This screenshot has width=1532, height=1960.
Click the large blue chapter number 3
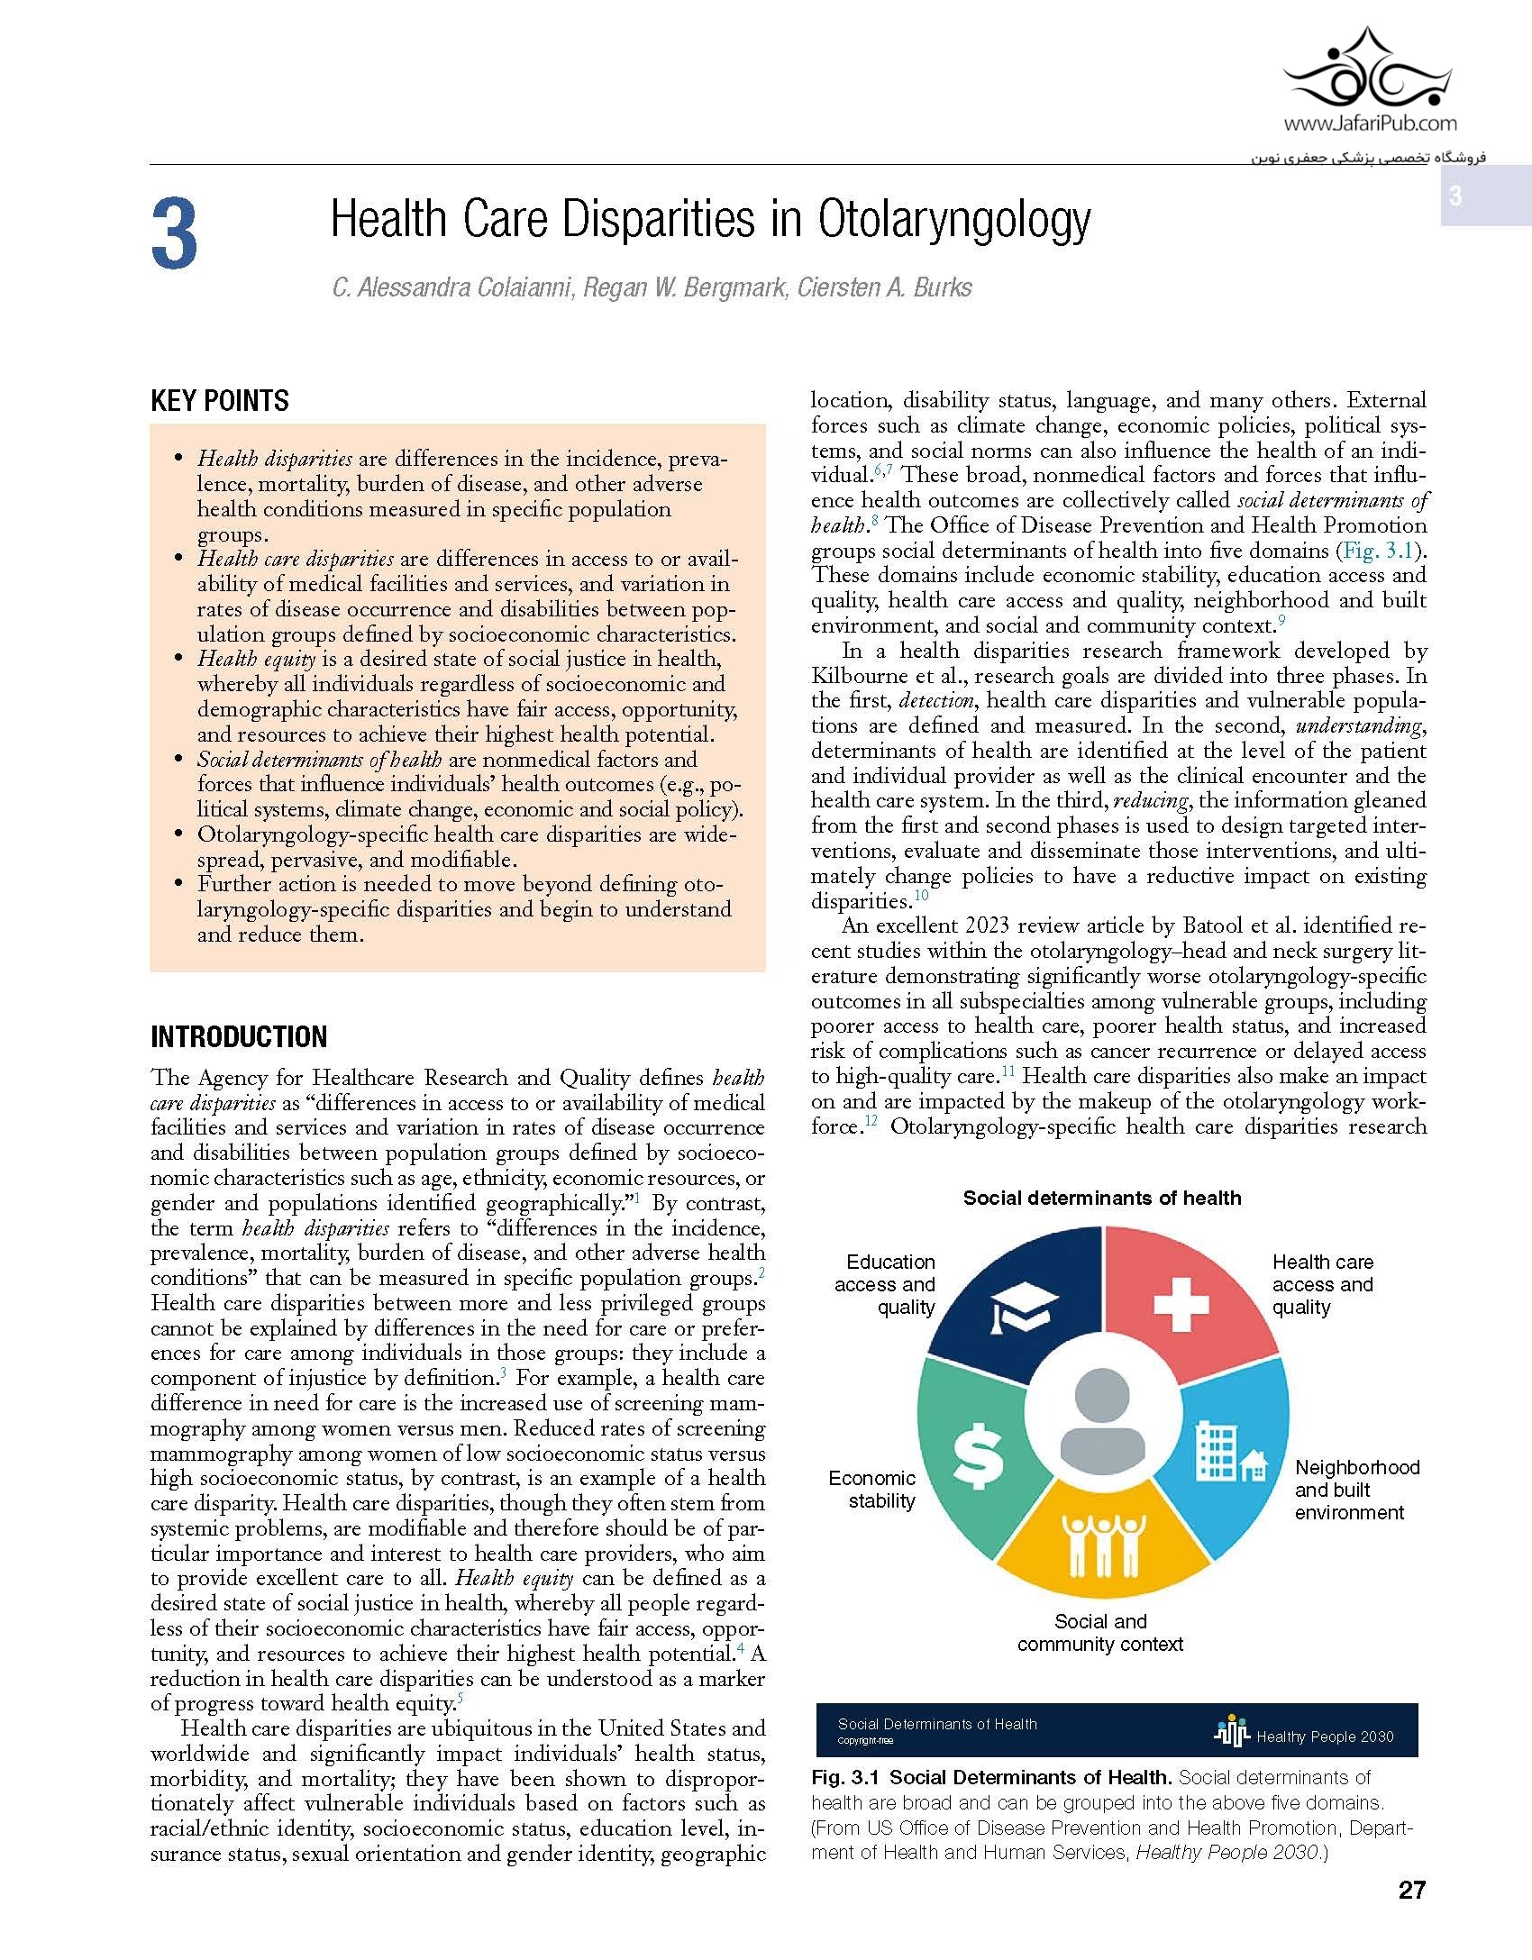(175, 234)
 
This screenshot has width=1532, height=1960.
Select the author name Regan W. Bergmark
(684, 288)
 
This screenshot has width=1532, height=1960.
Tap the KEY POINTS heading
(220, 401)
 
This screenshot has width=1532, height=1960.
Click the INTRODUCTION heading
(239, 1037)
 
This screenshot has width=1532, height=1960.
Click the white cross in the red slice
(1182, 1304)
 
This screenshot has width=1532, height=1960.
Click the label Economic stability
(871, 1490)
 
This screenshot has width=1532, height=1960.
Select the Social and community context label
(1100, 1633)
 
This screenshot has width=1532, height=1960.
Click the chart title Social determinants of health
(1102, 1198)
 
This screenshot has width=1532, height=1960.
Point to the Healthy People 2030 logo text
(1324, 1737)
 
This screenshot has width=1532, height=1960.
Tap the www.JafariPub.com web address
(1369, 124)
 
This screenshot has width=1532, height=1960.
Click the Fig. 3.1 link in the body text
(1378, 551)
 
